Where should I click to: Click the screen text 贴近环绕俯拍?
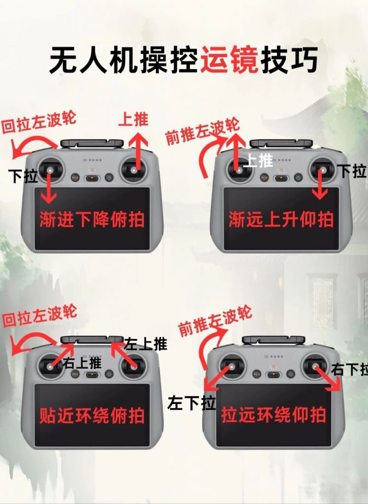(x=92, y=416)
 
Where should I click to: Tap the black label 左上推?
(x=145, y=344)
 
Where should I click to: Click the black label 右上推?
(x=82, y=363)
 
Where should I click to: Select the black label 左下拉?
(x=192, y=403)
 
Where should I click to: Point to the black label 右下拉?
(x=350, y=369)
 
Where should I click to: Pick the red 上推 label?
(x=134, y=120)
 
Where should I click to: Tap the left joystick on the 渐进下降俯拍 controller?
(x=50, y=170)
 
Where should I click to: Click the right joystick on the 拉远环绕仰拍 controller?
(x=314, y=366)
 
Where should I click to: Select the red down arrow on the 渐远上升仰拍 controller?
(x=321, y=186)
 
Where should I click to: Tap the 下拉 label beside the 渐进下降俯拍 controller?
(x=24, y=176)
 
